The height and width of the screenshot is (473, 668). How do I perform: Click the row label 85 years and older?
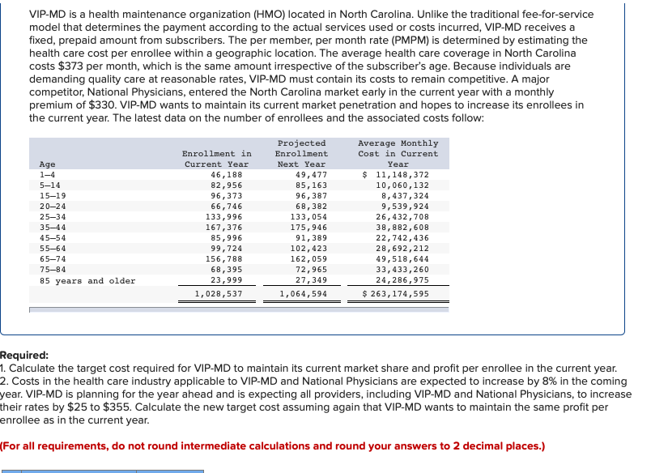coord(87,281)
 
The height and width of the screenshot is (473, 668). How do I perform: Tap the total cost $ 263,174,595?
coord(397,294)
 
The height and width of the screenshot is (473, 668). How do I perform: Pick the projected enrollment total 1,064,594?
coord(304,294)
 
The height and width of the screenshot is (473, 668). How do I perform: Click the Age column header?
coord(48,164)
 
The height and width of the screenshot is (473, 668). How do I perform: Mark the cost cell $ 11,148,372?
coord(397,175)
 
